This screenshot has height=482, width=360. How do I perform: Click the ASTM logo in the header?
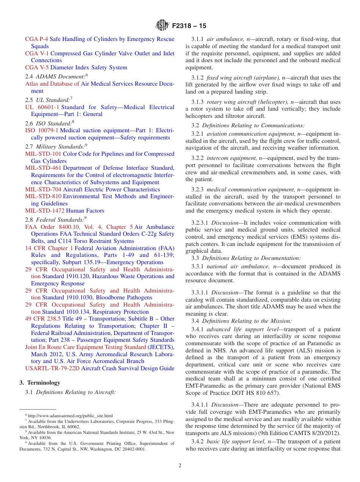coord(162,26)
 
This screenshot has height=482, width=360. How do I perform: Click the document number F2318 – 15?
coord(189,26)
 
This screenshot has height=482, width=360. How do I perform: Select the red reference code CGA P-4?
coord(37,39)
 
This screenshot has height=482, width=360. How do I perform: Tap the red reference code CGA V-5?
coord(37,67)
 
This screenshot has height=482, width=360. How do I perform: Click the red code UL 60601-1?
coord(42,107)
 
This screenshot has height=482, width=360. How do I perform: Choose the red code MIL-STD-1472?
coord(45,211)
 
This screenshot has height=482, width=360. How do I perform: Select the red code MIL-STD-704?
coord(43,189)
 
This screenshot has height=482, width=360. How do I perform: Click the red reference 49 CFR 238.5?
coord(43,319)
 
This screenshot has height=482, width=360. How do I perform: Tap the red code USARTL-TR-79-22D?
coord(52,368)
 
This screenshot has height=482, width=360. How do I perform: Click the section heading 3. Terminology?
coord(40,383)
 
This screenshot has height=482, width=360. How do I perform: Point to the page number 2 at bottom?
coord(180,466)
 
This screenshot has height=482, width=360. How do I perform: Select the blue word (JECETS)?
coord(161,347)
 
